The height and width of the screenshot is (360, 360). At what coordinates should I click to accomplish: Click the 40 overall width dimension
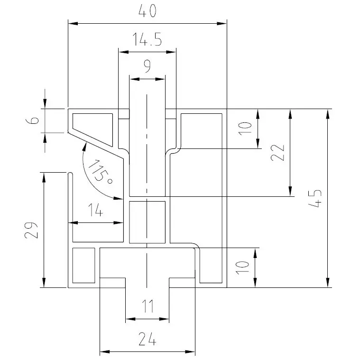click(x=147, y=11)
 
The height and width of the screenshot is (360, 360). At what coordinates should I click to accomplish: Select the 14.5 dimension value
click(x=147, y=40)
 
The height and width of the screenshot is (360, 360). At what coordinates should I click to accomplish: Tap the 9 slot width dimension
click(x=147, y=67)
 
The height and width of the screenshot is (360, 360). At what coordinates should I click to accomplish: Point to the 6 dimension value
click(x=32, y=120)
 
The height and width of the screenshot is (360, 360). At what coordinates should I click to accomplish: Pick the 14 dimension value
click(x=95, y=211)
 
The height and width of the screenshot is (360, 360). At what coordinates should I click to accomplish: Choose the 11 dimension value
click(x=148, y=308)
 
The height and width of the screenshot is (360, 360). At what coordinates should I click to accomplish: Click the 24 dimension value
click(x=147, y=340)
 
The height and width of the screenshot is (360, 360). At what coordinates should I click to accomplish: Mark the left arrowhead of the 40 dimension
click(x=72, y=23)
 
